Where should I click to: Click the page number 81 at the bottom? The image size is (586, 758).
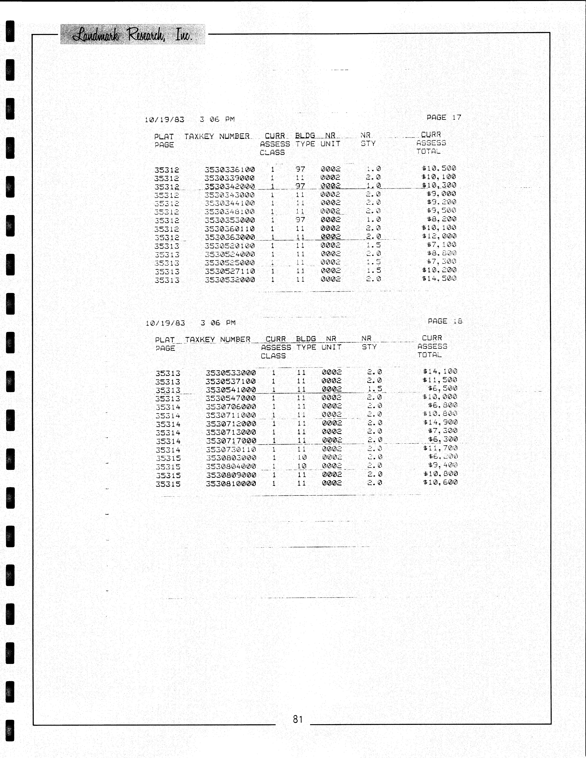tap(298, 719)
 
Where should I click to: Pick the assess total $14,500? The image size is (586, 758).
tap(439, 278)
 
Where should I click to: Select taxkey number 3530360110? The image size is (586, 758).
tap(230, 229)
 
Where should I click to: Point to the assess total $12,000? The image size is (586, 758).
tap(439, 236)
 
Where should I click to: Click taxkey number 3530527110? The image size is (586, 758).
tap(230, 271)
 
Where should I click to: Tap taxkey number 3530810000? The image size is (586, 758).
tap(231, 484)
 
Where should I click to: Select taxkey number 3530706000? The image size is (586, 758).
tap(231, 406)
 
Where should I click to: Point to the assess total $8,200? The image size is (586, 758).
tap(441, 219)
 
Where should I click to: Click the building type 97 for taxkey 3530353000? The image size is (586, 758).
tap(300, 220)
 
